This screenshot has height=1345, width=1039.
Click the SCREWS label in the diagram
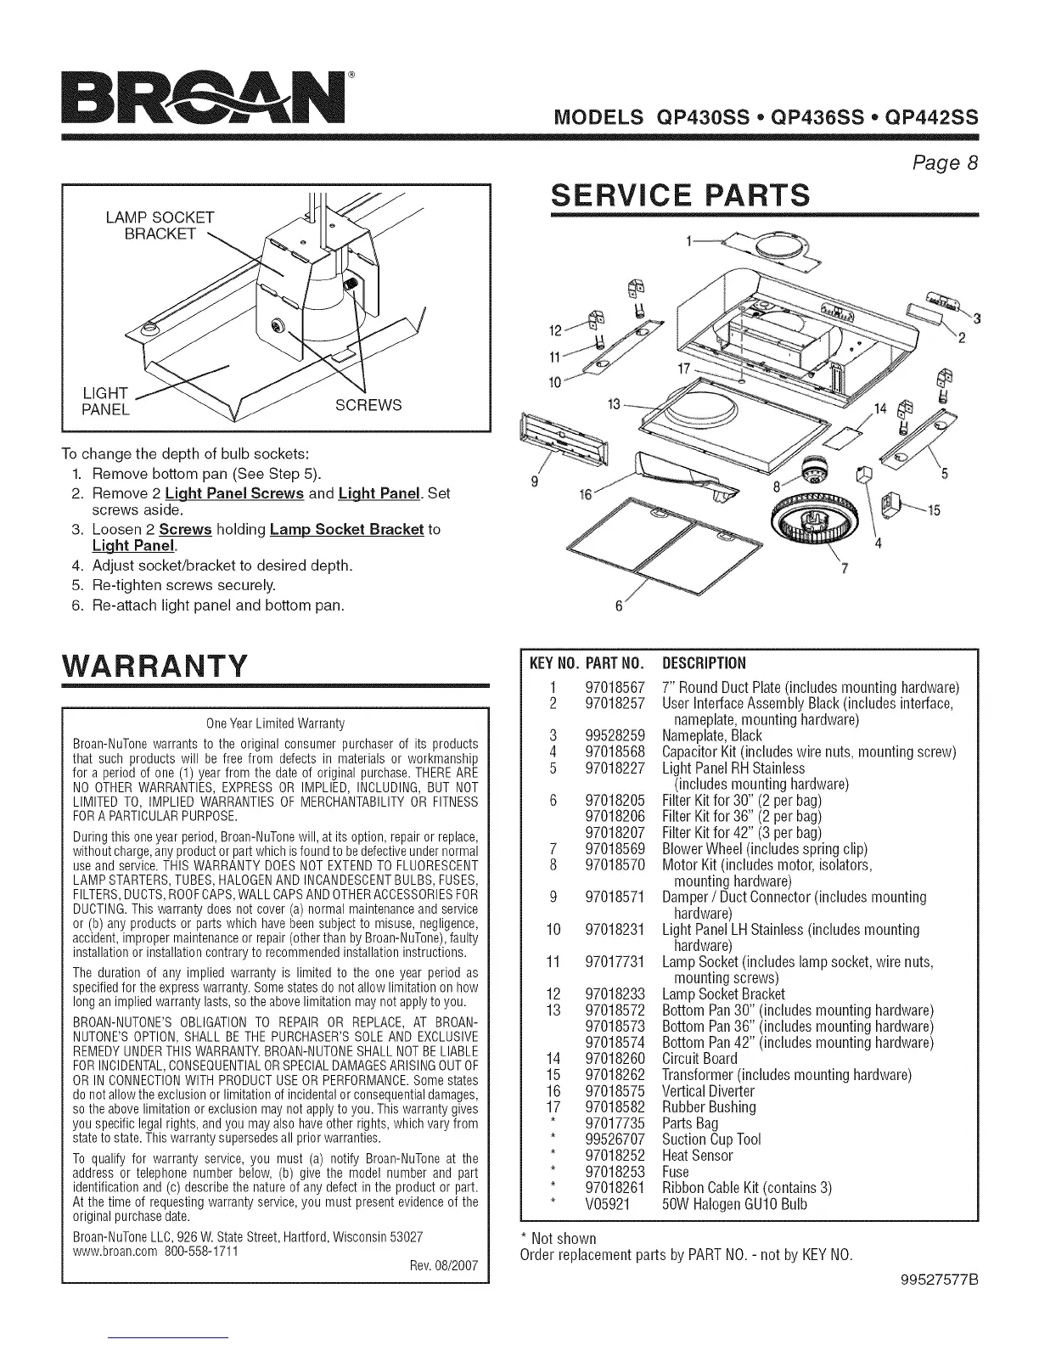point(368,405)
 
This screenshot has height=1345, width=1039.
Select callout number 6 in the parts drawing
point(617,606)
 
